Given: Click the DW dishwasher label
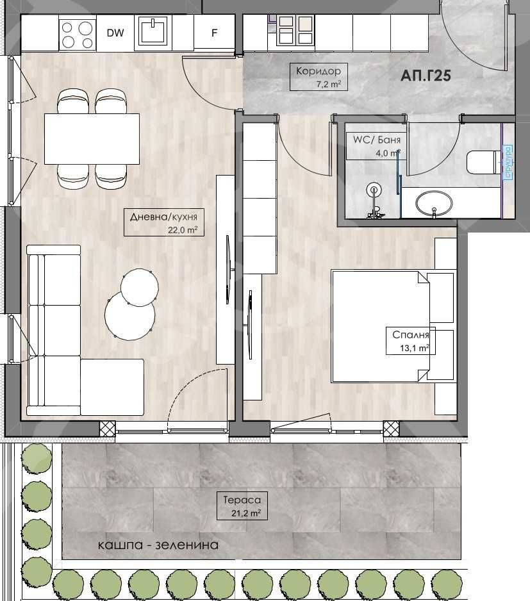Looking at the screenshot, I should click(x=115, y=33).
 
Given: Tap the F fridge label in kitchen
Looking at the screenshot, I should click(x=214, y=33).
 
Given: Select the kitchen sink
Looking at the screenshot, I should click(x=152, y=32).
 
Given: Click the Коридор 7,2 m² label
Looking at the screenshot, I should click(x=319, y=77).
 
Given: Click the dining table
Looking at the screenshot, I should click(x=92, y=138).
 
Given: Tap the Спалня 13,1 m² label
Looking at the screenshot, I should click(x=410, y=341).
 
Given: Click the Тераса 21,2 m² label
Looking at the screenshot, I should click(x=242, y=506).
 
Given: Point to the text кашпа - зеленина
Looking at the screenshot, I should click(x=158, y=545).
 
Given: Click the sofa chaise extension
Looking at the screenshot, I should click(x=112, y=387).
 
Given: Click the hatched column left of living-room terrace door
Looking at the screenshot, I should click(x=107, y=428).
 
